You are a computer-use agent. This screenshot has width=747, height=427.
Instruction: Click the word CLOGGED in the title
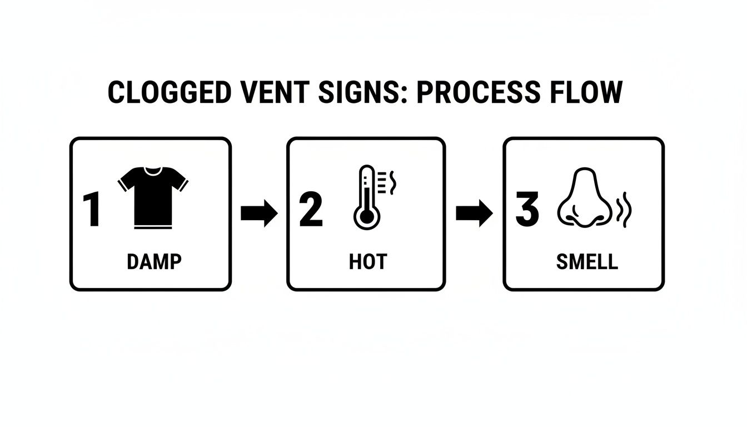168,93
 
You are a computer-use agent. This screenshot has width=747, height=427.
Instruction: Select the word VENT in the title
273,93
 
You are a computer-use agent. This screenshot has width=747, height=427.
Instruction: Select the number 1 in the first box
92,211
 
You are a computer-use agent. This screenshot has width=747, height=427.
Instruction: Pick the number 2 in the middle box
311,211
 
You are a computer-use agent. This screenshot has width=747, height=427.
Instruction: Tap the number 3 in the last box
527,211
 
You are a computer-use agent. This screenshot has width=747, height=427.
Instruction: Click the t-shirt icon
153,195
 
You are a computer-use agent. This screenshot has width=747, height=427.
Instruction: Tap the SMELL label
586,262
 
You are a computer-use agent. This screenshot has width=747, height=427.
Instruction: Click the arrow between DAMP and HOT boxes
259,214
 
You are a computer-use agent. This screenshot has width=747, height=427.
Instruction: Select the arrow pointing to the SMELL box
474,214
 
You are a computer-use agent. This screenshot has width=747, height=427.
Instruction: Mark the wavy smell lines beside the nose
626,210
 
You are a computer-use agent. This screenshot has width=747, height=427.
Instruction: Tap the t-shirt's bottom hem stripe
153,226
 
